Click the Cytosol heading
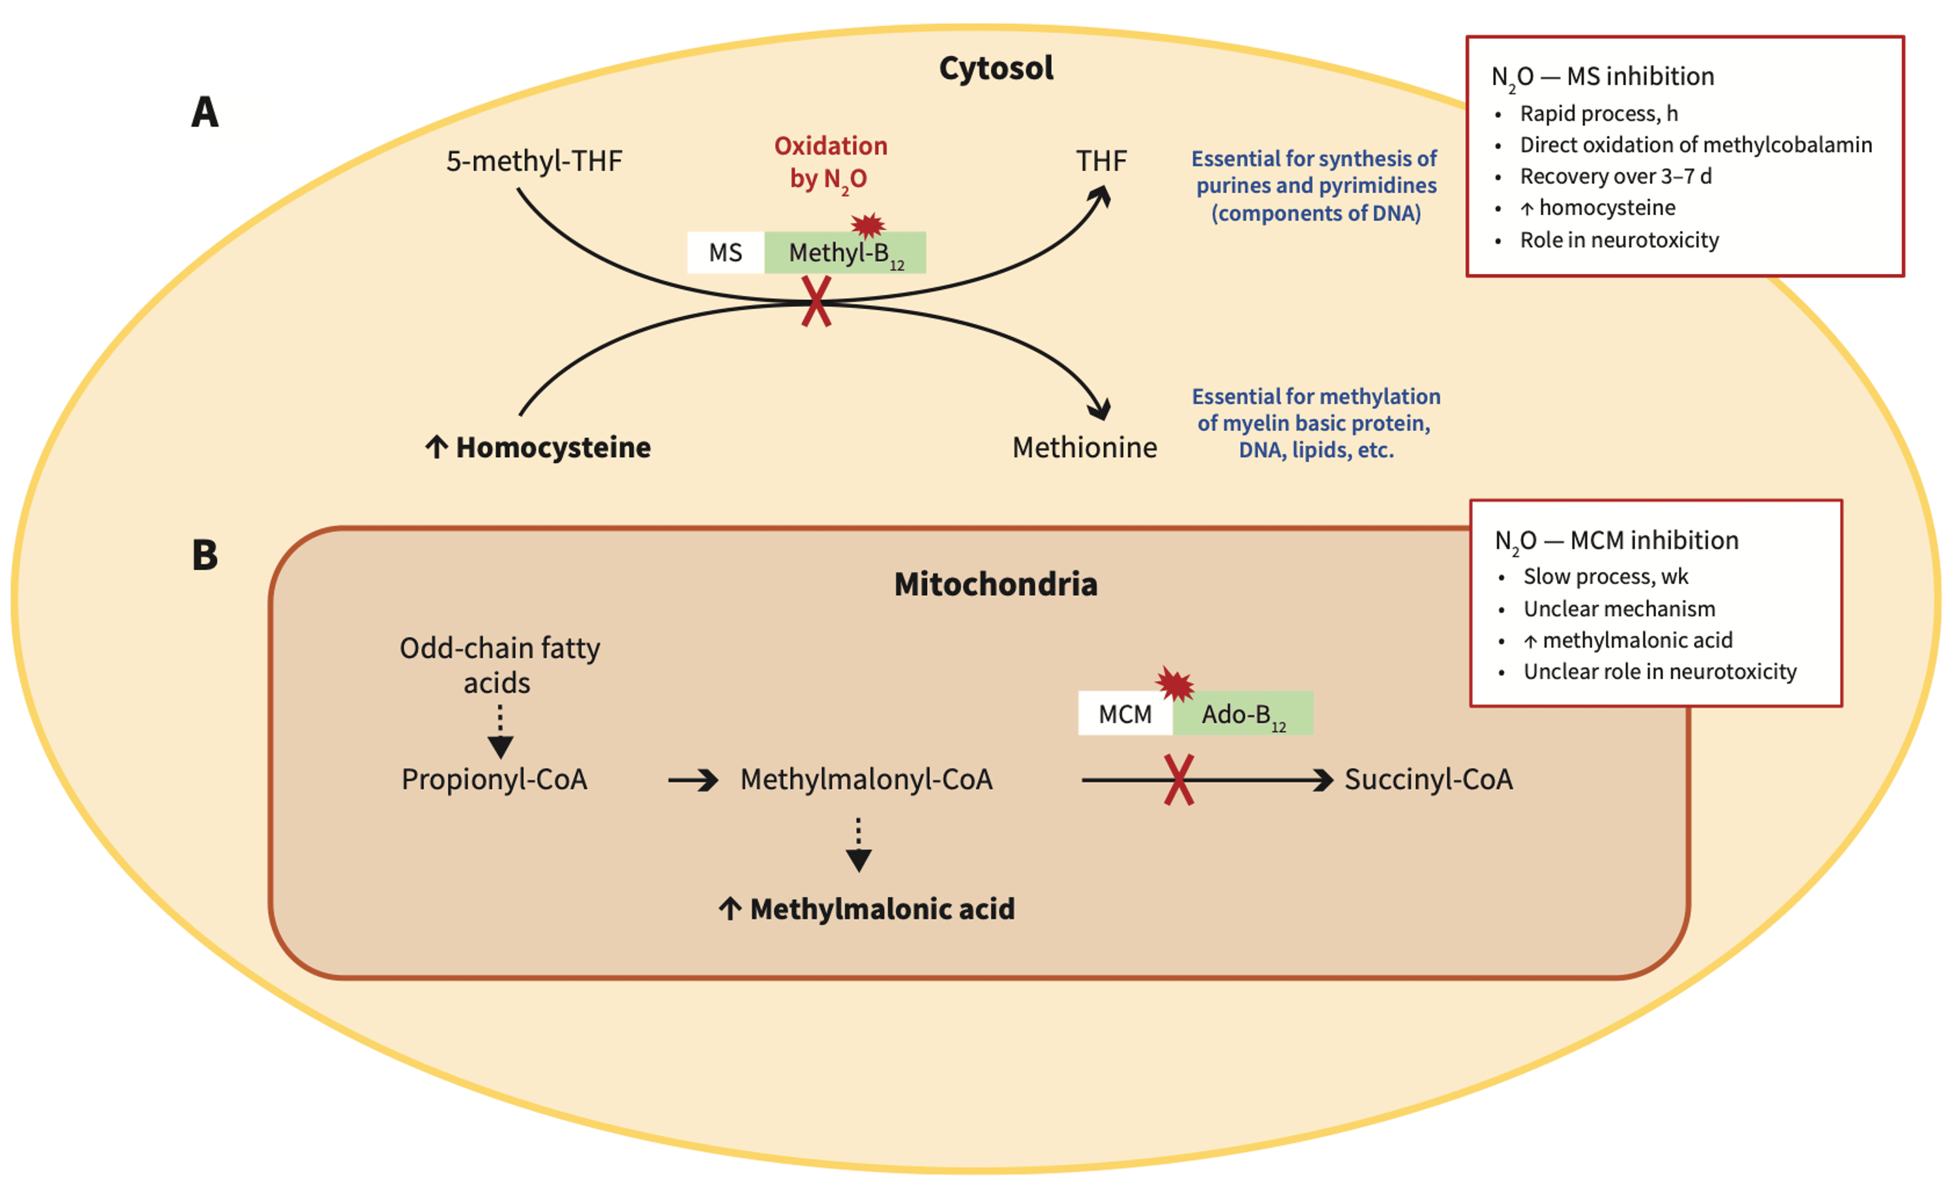[x=996, y=68]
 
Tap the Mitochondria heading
[x=996, y=584]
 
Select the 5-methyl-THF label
[x=533, y=161]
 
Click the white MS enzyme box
[x=725, y=252]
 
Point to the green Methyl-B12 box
[x=844, y=253]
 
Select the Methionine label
[x=1084, y=448]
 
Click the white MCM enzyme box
[x=1124, y=714]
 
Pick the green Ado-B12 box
[x=1242, y=714]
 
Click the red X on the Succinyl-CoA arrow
[x=1178, y=780]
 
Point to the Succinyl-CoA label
[x=1428, y=780]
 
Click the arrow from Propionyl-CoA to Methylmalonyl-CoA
[x=692, y=780]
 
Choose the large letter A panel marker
[x=205, y=112]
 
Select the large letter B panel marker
[x=205, y=554]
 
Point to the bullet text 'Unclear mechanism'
[x=1619, y=609]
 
